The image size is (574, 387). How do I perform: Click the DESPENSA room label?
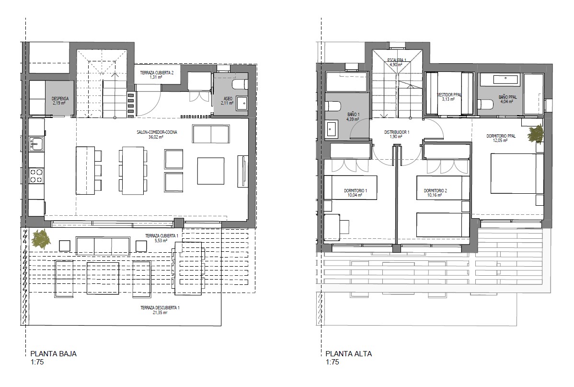(60, 99)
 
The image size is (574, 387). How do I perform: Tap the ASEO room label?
(228, 99)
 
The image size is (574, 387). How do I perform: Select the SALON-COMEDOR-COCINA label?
(157, 132)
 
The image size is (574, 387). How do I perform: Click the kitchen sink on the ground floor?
(35, 144)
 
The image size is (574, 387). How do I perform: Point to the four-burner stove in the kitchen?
(36, 176)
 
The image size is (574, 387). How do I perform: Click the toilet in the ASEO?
(238, 85)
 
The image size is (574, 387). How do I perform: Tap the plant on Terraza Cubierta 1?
(41, 239)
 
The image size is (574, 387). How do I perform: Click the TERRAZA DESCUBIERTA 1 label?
(160, 308)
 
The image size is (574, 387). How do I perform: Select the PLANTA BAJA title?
(54, 354)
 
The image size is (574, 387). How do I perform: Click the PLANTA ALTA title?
(348, 354)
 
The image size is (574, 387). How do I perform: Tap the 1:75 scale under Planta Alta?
(333, 362)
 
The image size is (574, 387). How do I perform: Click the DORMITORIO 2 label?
(435, 190)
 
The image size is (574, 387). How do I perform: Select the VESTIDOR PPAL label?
(449, 94)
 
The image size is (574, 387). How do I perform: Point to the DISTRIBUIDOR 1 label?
(396, 132)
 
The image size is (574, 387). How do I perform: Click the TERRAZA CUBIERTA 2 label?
(157, 73)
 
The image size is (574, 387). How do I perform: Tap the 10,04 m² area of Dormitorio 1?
(355, 195)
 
